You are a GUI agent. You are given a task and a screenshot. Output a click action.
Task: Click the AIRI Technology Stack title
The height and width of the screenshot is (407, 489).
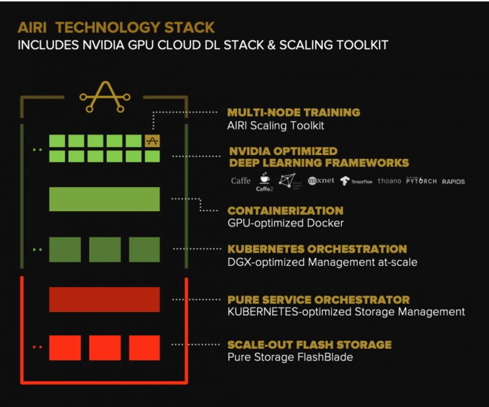(116, 28)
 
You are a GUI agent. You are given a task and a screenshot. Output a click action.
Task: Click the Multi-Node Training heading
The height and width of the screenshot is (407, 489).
(294, 112)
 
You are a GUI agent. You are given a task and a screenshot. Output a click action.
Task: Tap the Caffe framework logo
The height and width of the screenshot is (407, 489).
(241, 181)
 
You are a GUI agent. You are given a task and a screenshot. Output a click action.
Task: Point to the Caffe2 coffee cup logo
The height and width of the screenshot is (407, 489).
(264, 182)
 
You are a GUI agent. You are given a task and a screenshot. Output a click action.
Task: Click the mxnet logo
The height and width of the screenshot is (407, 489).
(321, 181)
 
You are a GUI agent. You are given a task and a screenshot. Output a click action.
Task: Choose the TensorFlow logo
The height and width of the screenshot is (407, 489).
(356, 181)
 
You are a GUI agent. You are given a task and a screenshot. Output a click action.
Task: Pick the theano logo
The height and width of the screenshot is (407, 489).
(389, 181)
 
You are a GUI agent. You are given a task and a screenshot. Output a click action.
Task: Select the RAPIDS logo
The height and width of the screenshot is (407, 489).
(453, 182)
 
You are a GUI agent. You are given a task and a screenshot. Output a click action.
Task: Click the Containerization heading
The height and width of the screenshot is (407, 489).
(285, 211)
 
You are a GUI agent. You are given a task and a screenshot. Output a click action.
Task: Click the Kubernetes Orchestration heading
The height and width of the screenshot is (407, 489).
(317, 249)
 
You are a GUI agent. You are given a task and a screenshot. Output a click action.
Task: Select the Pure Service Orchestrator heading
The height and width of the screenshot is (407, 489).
(318, 299)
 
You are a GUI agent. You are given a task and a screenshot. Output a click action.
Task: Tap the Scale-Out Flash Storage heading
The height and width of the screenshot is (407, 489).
(309, 344)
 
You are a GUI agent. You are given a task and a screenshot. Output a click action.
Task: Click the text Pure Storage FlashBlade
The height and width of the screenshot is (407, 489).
(290, 357)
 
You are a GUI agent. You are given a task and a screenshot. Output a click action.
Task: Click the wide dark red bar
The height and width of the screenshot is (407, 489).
(104, 299)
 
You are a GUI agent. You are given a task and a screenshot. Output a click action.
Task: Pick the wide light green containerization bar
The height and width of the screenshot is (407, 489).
(104, 199)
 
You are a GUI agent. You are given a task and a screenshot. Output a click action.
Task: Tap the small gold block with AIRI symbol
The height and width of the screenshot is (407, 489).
(152, 141)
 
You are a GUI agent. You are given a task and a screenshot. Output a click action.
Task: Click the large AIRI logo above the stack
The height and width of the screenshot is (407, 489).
(104, 96)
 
